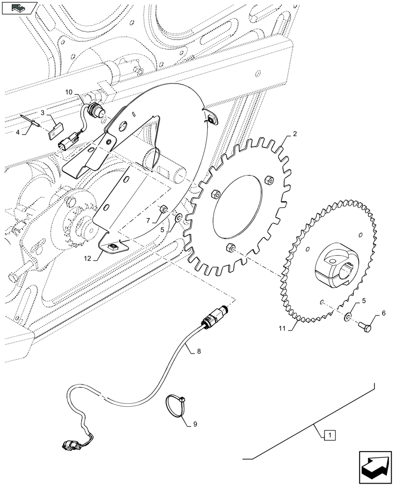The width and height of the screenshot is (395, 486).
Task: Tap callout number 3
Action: click(x=43, y=112)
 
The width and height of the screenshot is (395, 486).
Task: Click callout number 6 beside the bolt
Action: click(x=383, y=313)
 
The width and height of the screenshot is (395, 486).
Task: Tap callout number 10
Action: click(x=69, y=92)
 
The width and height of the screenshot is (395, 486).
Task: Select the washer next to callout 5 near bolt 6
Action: click(x=348, y=318)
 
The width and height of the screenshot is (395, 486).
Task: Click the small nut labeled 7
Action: click(x=164, y=209)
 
